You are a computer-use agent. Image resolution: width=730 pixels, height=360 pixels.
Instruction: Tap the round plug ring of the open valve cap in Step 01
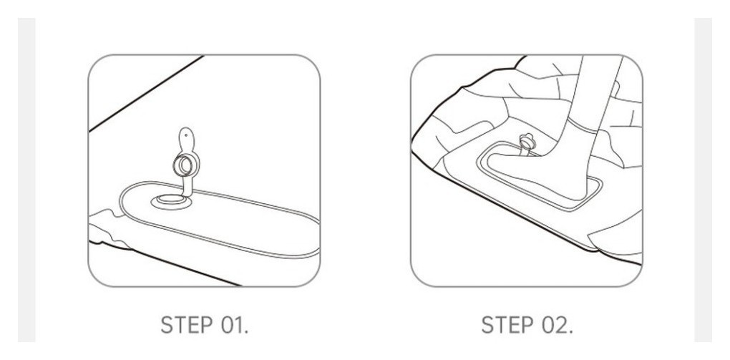185,164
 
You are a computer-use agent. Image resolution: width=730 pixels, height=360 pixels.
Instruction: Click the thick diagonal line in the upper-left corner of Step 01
146,93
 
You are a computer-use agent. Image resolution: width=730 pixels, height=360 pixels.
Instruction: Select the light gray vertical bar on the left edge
26,180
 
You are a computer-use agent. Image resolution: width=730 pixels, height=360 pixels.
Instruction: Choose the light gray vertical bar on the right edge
703,180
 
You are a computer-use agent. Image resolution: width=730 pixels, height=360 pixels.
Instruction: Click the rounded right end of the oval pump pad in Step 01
316,238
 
